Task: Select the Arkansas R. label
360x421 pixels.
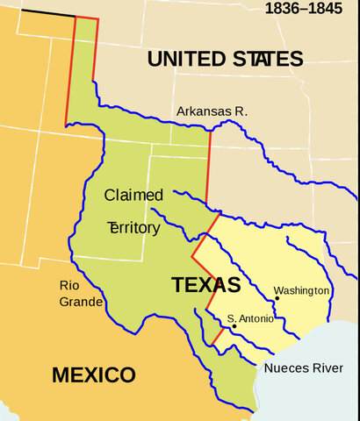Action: pyautogui.click(x=212, y=111)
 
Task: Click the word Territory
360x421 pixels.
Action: pyautogui.click(x=133, y=228)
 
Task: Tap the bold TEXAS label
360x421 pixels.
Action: pyautogui.click(x=205, y=285)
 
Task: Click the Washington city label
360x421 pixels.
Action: pyautogui.click(x=301, y=290)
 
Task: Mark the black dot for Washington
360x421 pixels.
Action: pyautogui.click(x=277, y=298)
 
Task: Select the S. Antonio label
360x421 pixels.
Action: pyautogui.click(x=248, y=318)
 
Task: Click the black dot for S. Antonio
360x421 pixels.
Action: pyautogui.click(x=234, y=327)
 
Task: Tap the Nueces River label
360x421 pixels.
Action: pyautogui.click(x=303, y=367)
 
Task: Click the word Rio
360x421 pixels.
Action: pyautogui.click(x=69, y=285)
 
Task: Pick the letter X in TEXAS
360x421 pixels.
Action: pyautogui.click(x=205, y=285)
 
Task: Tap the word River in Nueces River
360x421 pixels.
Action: pyautogui.click(x=325, y=367)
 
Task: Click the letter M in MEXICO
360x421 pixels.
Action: pyautogui.click(x=61, y=375)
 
